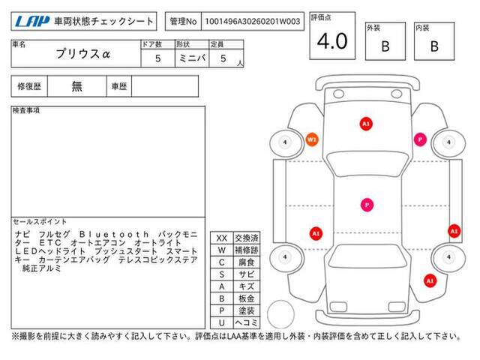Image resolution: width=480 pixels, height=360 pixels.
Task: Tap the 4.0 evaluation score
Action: pyautogui.click(x=332, y=43)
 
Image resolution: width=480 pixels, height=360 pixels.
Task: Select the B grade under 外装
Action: pyautogui.click(x=385, y=46)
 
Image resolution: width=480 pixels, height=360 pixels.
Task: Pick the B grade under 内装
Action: pyautogui.click(x=433, y=46)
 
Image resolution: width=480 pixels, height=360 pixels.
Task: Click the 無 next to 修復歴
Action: pyautogui.click(x=77, y=86)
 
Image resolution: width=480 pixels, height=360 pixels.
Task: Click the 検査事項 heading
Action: pyautogui.click(x=27, y=110)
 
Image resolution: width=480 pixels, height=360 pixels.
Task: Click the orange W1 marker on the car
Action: pyautogui.click(x=313, y=139)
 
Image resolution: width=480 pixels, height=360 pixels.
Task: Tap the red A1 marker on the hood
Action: pyautogui.click(x=366, y=122)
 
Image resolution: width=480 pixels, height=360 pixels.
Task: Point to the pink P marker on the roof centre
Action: pyautogui.click(x=366, y=203)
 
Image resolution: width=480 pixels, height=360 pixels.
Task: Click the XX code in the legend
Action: pyautogui.click(x=221, y=237)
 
